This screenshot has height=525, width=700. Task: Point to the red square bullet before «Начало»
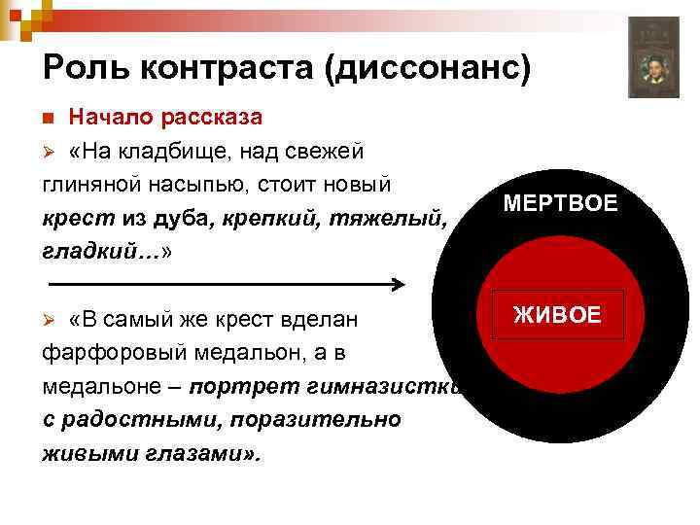click(x=50, y=118)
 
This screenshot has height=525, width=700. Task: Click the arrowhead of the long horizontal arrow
click(x=398, y=285)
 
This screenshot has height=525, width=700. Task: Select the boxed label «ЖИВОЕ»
click(x=557, y=314)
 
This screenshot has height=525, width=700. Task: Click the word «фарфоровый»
click(x=114, y=352)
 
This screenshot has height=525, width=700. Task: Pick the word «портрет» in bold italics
click(x=238, y=386)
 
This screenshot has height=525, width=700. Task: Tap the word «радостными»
click(x=129, y=419)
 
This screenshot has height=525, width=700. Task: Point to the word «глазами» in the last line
click(x=201, y=452)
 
